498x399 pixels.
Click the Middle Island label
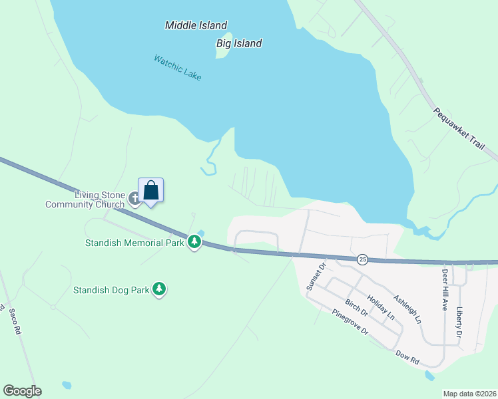click(x=196, y=25)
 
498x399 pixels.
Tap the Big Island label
click(x=239, y=43)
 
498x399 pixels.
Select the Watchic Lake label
click(x=177, y=67)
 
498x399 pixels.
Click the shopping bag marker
click(x=151, y=190)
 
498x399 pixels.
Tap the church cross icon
click(x=134, y=198)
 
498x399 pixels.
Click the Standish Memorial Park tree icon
click(x=194, y=242)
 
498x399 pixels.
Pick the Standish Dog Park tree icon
click(x=158, y=289)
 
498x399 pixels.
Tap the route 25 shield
click(x=362, y=259)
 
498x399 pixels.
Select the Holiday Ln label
click(x=381, y=307)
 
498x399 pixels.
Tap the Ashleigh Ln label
click(x=407, y=310)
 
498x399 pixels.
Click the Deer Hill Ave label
click(x=444, y=290)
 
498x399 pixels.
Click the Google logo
click(x=22, y=391)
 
